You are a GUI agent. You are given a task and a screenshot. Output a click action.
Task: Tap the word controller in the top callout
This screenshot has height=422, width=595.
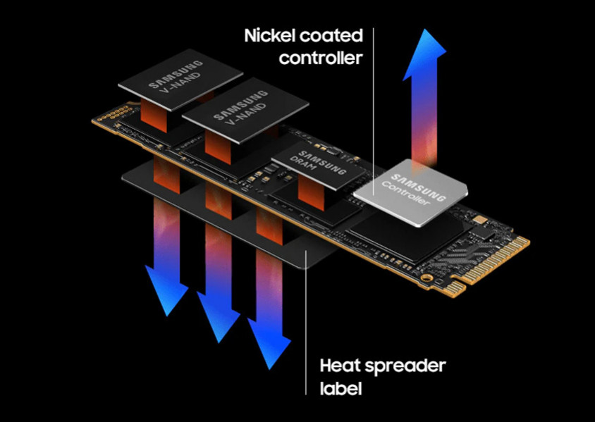pyautogui.click(x=320, y=58)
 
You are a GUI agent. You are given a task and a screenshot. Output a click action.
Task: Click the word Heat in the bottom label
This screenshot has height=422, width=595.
pyautogui.click(x=341, y=366)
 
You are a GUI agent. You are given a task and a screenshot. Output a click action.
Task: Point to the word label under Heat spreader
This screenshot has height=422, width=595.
pyautogui.click(x=341, y=387)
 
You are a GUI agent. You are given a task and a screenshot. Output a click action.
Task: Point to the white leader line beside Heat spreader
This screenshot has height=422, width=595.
pyautogui.click(x=305, y=317)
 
